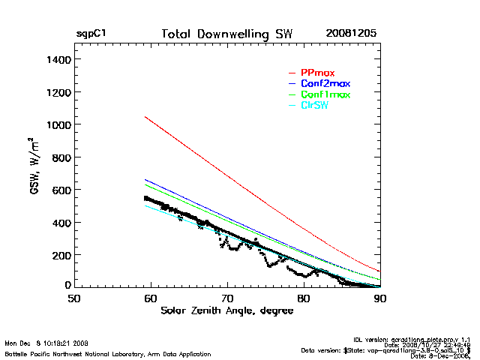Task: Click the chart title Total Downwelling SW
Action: [227, 34]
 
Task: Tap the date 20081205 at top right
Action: [351, 34]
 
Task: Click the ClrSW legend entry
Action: [314, 106]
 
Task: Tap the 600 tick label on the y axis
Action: [60, 190]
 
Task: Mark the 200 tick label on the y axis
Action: [60, 255]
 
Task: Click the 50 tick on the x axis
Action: [74, 298]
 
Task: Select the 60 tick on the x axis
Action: [151, 298]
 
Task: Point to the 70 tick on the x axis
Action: [227, 298]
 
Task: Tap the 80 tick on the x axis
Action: [304, 298]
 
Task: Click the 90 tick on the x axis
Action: [379, 298]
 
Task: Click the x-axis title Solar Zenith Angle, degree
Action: [227, 310]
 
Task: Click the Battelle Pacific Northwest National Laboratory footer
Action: [108, 353]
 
